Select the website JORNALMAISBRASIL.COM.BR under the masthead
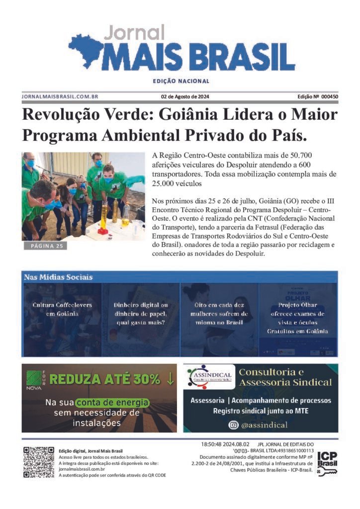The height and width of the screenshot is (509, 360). click(60, 96)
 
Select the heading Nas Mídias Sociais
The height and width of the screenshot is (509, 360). click(58, 277)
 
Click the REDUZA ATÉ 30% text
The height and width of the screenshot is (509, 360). click(111, 379)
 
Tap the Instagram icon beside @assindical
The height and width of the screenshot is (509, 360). click(233, 425)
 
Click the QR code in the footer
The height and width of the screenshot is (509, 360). click(38, 462)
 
